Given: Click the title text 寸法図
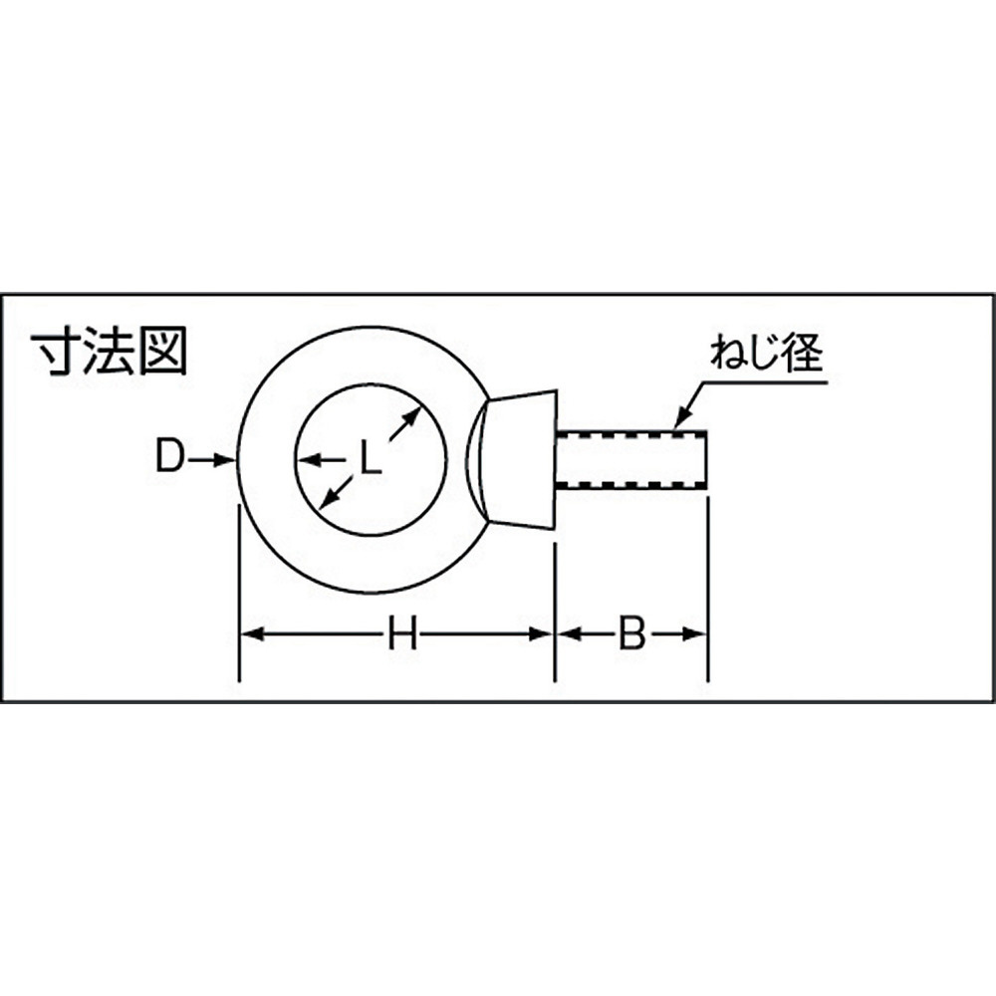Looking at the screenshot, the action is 110,352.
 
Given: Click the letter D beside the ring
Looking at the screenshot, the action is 169,457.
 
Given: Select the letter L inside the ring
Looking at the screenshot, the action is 371,458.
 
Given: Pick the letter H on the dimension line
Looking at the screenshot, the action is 402,633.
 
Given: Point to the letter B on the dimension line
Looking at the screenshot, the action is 631,633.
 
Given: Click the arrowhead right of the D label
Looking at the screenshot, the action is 225,459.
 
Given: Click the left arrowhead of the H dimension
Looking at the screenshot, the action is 251,633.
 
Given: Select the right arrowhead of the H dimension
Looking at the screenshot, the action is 542,633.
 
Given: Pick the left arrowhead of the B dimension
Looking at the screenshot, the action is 569,633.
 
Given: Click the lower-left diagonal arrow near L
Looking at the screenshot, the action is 336,492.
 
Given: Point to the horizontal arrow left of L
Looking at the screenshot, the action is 321,458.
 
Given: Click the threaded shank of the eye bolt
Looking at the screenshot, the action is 631,459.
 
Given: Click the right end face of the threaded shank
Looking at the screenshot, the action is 706,459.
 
